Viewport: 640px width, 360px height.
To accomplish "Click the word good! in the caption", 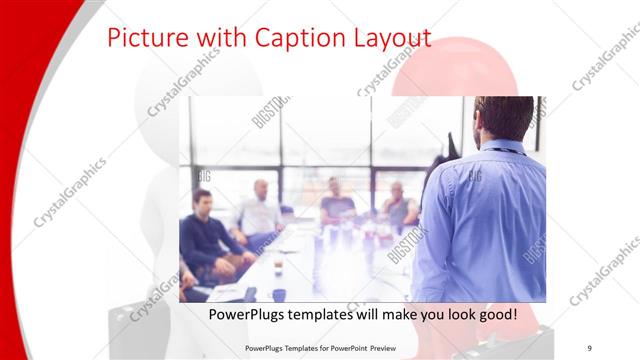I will pyautogui.click(x=496, y=314).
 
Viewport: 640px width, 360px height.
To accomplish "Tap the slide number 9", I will pyautogui.click(x=590, y=347).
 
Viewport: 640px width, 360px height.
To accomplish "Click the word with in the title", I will pyautogui.click(x=203, y=38).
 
